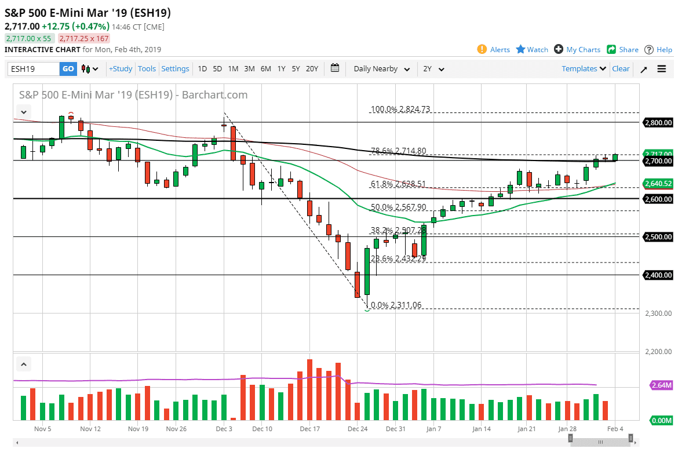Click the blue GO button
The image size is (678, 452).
tap(68, 69)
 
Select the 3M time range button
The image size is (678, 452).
tap(249, 69)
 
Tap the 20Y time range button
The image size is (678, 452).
tap(312, 69)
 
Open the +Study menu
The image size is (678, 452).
tap(121, 69)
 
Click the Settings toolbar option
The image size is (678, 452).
tap(175, 69)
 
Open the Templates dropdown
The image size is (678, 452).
tap(584, 69)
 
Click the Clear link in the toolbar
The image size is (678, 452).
tap(621, 69)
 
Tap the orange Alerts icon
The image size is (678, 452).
tap(482, 49)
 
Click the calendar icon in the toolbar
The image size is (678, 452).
tap(335, 68)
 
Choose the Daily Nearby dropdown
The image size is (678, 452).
tap(381, 69)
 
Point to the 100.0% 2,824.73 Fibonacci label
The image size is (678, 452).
tap(400, 109)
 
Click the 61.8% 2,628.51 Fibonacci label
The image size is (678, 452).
tap(398, 184)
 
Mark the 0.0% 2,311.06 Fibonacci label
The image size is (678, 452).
tap(397, 305)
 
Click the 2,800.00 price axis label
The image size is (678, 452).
tap(658, 122)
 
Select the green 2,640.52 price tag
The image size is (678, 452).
tap(658, 184)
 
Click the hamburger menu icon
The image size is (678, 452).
tap(662, 69)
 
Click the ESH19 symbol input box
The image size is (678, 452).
tap(34, 69)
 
